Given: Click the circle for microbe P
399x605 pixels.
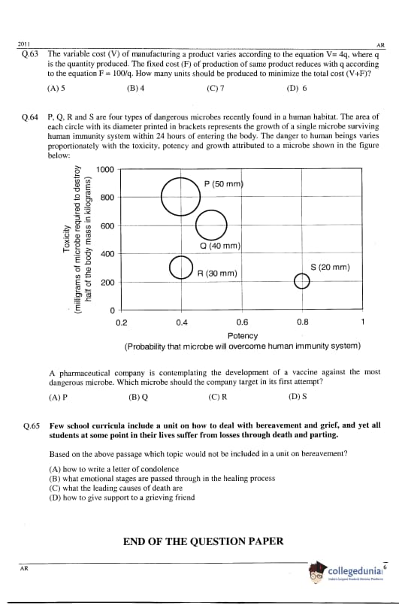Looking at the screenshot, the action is pos(162,197).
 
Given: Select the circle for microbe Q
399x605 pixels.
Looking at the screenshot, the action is pos(196,225).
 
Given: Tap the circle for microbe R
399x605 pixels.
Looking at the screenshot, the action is pos(169,268).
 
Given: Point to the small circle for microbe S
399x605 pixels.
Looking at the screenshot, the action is pos(295,281).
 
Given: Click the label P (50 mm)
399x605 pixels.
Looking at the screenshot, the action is pos(224,183).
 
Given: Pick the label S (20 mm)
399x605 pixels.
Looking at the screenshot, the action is pos(330,267).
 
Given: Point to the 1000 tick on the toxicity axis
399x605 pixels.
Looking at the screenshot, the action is pos(105,169).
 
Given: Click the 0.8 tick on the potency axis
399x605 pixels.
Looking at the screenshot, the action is pos(303,322).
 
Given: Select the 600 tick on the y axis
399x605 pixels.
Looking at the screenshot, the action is pos(107,225).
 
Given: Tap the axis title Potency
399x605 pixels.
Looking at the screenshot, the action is pos(243,336).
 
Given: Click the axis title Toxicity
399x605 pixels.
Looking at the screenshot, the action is pos(66,239).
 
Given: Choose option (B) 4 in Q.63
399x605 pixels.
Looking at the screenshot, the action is pos(135,88).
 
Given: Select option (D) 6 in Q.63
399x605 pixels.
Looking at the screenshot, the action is pos(297,88).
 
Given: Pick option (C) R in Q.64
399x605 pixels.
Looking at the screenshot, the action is pos(218,397).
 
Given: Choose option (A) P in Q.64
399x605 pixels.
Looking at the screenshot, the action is pos(59,397).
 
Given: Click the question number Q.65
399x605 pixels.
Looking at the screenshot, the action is pos(32,426).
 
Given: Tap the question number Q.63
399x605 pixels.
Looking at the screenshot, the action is pos(30,54).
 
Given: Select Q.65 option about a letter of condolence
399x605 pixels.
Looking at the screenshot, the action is pos(114,469).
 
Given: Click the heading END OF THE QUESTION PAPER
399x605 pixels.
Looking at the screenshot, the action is pos(204,541).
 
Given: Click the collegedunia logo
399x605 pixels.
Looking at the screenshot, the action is pos(346,572).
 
